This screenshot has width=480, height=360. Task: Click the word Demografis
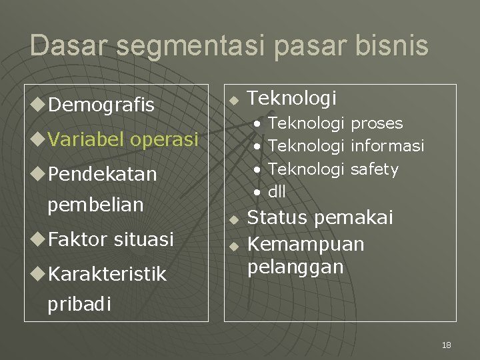(101, 105)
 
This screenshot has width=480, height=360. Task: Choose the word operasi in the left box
(165, 140)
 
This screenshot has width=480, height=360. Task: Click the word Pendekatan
(102, 174)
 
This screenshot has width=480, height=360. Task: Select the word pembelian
(95, 205)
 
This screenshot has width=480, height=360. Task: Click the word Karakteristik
(107, 274)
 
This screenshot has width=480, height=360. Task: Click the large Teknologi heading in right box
(291, 99)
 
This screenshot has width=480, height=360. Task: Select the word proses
(377, 123)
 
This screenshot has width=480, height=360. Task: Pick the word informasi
(387, 146)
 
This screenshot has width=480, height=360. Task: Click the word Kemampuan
(306, 244)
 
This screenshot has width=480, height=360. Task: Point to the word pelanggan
(295, 267)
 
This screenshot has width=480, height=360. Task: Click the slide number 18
(446, 345)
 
